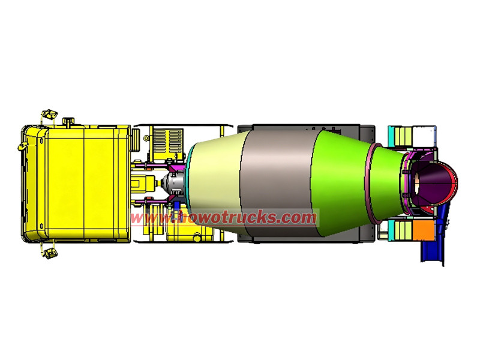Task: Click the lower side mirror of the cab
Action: point(50,254)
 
